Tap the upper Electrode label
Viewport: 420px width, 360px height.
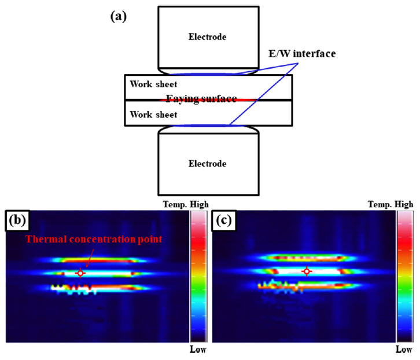[x=207, y=37]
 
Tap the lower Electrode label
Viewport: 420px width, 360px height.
[x=207, y=163]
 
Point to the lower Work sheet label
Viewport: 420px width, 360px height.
[x=145, y=115]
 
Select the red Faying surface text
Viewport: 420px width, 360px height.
[x=201, y=99]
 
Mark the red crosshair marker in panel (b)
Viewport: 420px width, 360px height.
[x=80, y=273]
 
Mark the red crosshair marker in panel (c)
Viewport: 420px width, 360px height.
[x=307, y=271]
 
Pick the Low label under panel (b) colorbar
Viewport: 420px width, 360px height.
[x=198, y=350]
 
